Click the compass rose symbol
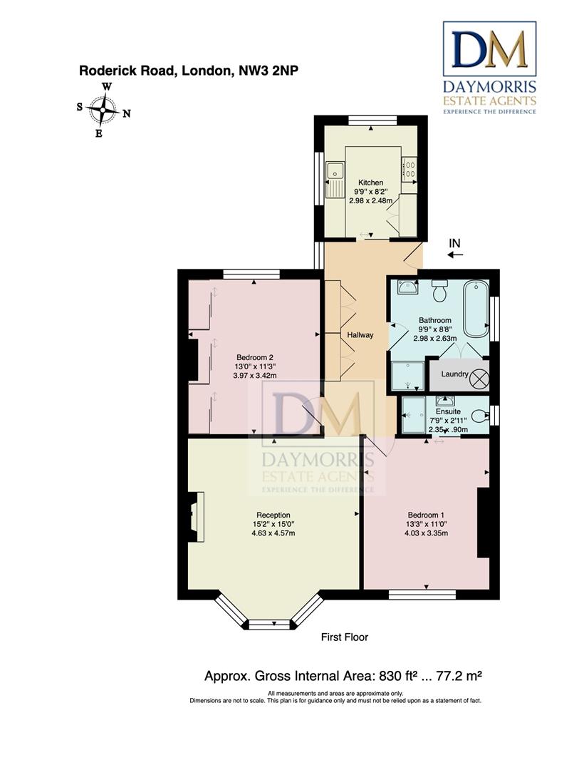103,110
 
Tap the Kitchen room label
370,183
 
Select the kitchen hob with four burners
410,168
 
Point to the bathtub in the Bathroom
476,309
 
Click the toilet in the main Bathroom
439,290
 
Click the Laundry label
454,374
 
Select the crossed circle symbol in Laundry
479,378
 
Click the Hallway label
360,335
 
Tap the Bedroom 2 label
254,357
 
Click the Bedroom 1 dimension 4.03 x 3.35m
426,533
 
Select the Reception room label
273,515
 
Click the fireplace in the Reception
195,516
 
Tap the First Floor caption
344,637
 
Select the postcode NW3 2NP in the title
268,71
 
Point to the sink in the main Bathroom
407,287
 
